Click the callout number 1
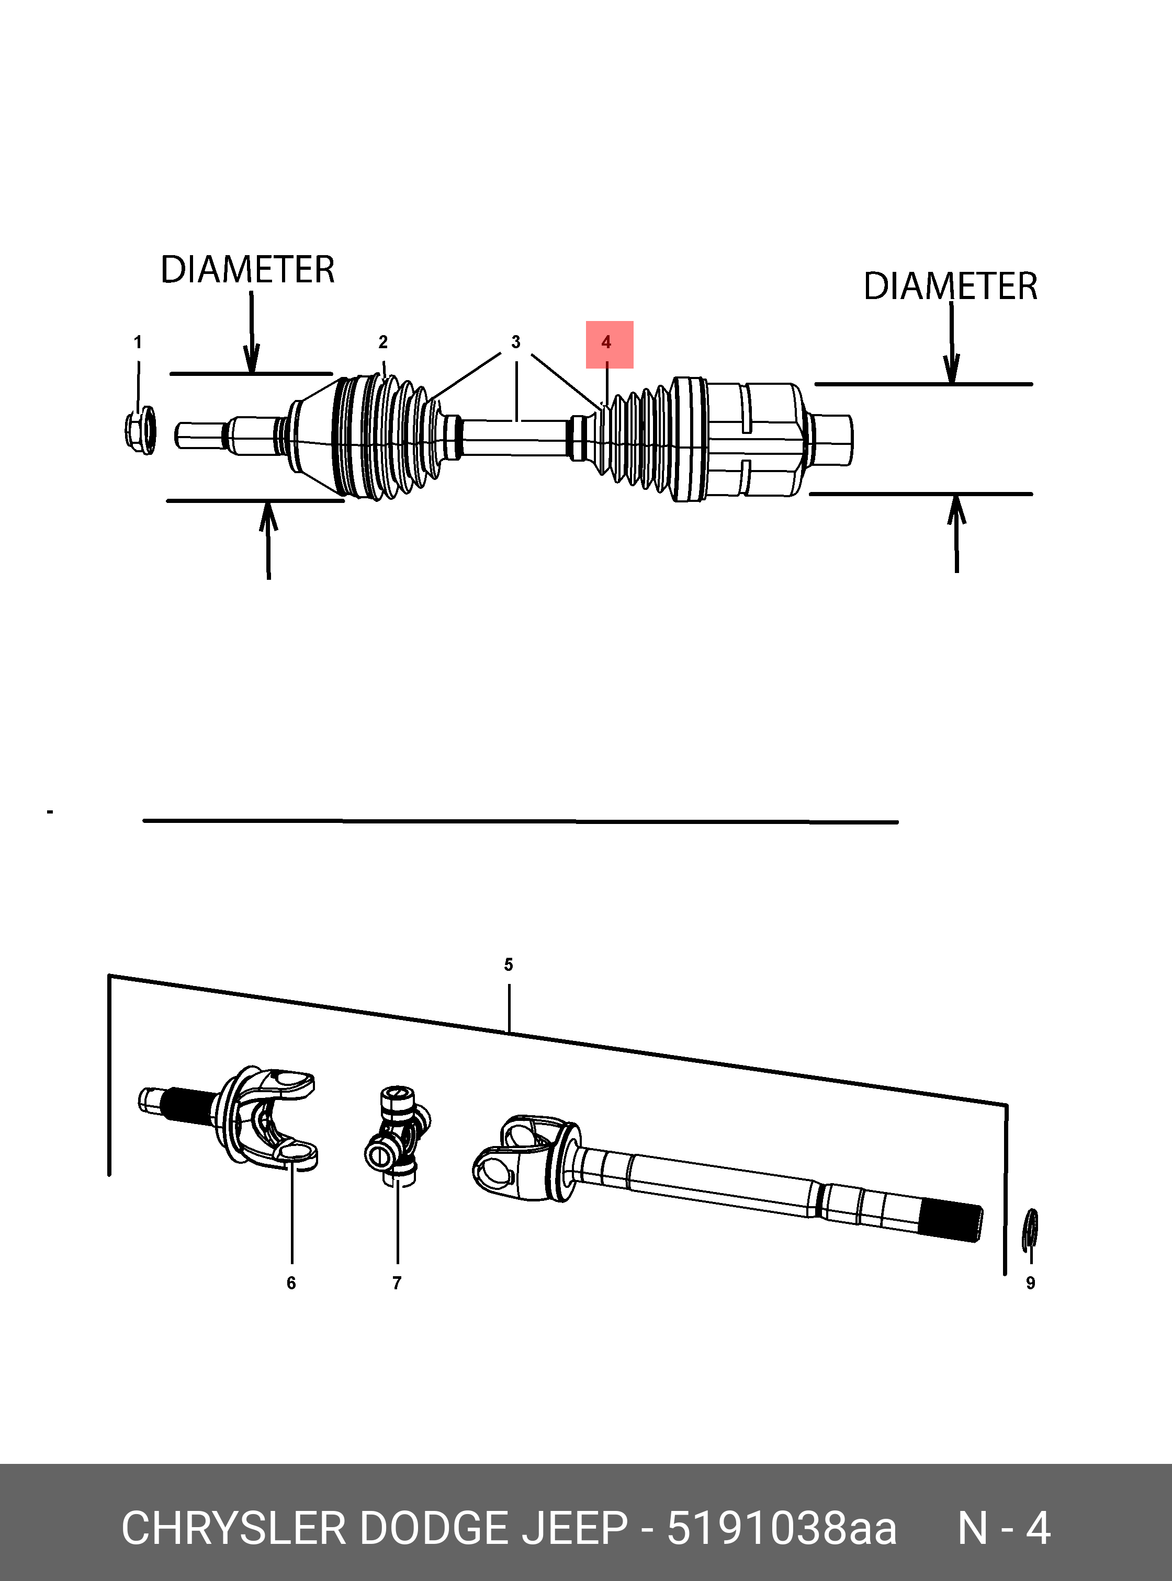click(x=138, y=342)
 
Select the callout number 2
click(x=383, y=342)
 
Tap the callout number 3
click(x=516, y=342)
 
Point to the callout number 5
click(x=508, y=965)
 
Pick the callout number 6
click(x=291, y=1283)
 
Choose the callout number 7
click(x=397, y=1283)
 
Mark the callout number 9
click(x=1030, y=1283)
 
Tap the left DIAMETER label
click(x=247, y=270)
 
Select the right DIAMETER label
click(x=950, y=287)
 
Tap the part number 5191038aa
click(x=782, y=1529)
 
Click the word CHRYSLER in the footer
click(x=233, y=1529)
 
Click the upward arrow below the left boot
click(x=268, y=539)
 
